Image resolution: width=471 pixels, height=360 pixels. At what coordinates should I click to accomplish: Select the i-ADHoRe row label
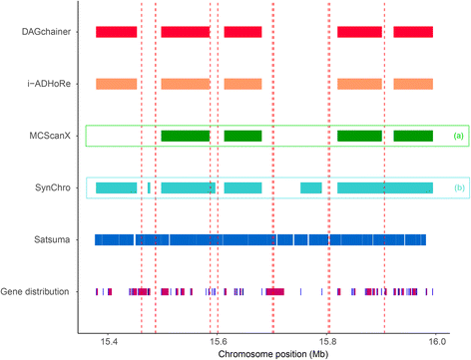pos(44,84)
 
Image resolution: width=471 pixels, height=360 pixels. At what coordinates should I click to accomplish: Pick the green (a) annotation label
pos(458,136)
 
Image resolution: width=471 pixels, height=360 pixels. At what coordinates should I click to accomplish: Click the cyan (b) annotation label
pos(458,187)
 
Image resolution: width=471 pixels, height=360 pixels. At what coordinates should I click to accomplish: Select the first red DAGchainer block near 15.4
pos(116,32)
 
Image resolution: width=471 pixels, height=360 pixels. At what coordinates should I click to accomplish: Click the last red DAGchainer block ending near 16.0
pos(413,32)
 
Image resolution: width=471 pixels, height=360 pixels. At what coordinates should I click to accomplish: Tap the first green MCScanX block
pos(186,136)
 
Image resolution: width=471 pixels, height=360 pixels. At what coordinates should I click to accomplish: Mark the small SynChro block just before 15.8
pos(311,187)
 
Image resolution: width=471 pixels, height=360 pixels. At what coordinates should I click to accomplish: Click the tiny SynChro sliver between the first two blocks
pos(149,187)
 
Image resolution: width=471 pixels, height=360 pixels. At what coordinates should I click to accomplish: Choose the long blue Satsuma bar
pos(260,239)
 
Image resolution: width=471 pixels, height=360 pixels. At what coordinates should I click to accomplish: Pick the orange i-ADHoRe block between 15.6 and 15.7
pos(242,84)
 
